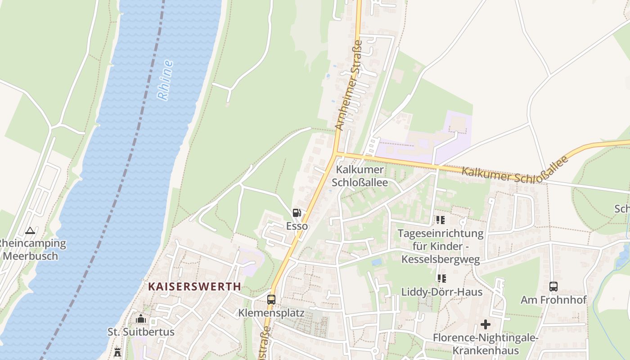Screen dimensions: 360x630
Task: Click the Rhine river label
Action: click(x=166, y=80)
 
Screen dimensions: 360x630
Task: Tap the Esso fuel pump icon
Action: click(x=297, y=213)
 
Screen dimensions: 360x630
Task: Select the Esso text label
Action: click(x=297, y=226)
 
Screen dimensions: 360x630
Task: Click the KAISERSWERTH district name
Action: click(x=194, y=287)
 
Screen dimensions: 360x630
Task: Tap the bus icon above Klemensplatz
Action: click(x=271, y=299)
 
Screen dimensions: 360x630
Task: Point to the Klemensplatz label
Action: click(x=271, y=313)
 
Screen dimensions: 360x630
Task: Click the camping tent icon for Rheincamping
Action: click(x=30, y=231)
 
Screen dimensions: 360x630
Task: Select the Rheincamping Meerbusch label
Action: click(x=31, y=250)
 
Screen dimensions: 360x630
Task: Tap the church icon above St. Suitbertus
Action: click(x=141, y=319)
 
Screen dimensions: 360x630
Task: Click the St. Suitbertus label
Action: click(x=141, y=332)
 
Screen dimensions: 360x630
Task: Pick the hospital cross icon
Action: click(x=486, y=324)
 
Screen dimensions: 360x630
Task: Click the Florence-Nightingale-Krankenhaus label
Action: click(x=486, y=344)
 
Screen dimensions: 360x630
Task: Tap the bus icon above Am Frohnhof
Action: click(x=553, y=286)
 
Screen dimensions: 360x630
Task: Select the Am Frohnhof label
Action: click(x=553, y=300)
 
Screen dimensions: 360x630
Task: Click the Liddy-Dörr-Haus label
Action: click(x=442, y=292)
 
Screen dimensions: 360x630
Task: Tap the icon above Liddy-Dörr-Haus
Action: click(x=441, y=279)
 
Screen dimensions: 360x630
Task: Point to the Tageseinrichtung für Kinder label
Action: click(x=441, y=246)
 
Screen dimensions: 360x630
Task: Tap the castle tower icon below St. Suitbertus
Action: click(x=117, y=352)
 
